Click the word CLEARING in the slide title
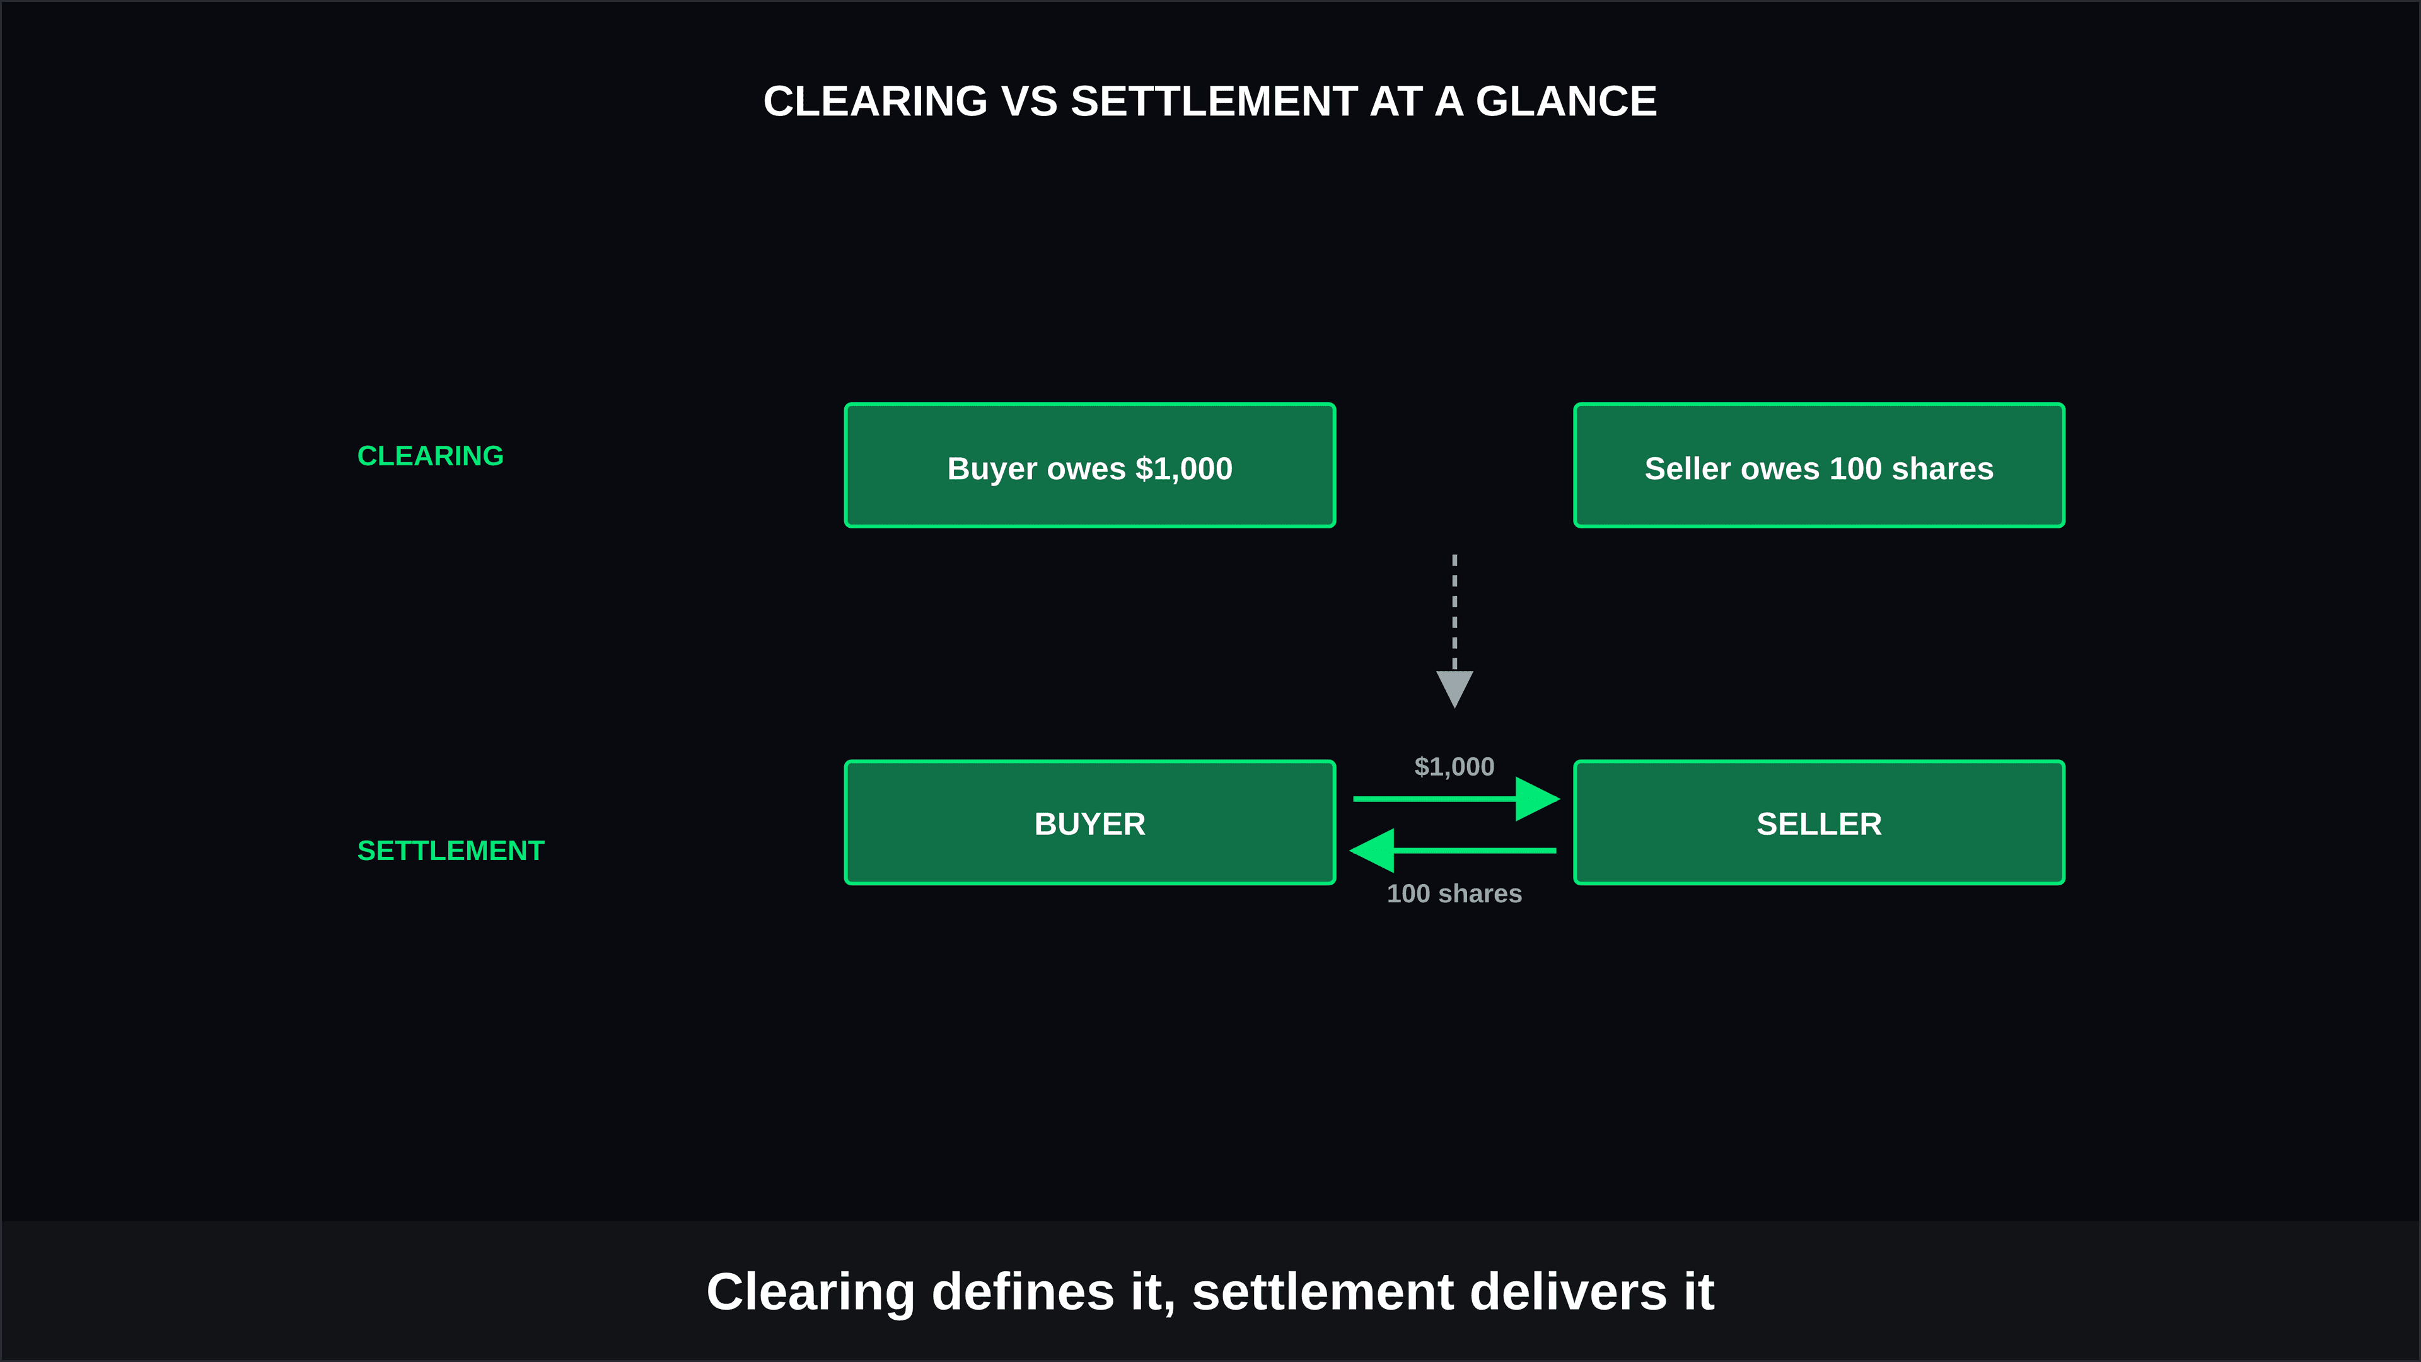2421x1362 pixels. [876, 102]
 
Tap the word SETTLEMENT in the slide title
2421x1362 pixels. [1213, 102]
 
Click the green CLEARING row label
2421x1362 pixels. [431, 456]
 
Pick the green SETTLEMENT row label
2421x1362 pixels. [451, 851]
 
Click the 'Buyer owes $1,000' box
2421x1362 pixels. [1090, 465]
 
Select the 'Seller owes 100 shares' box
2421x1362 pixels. [1820, 465]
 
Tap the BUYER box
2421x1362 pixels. [1090, 822]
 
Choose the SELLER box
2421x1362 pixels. [1820, 822]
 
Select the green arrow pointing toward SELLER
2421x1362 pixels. [1457, 799]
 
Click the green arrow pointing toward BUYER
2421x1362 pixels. [1453, 851]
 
